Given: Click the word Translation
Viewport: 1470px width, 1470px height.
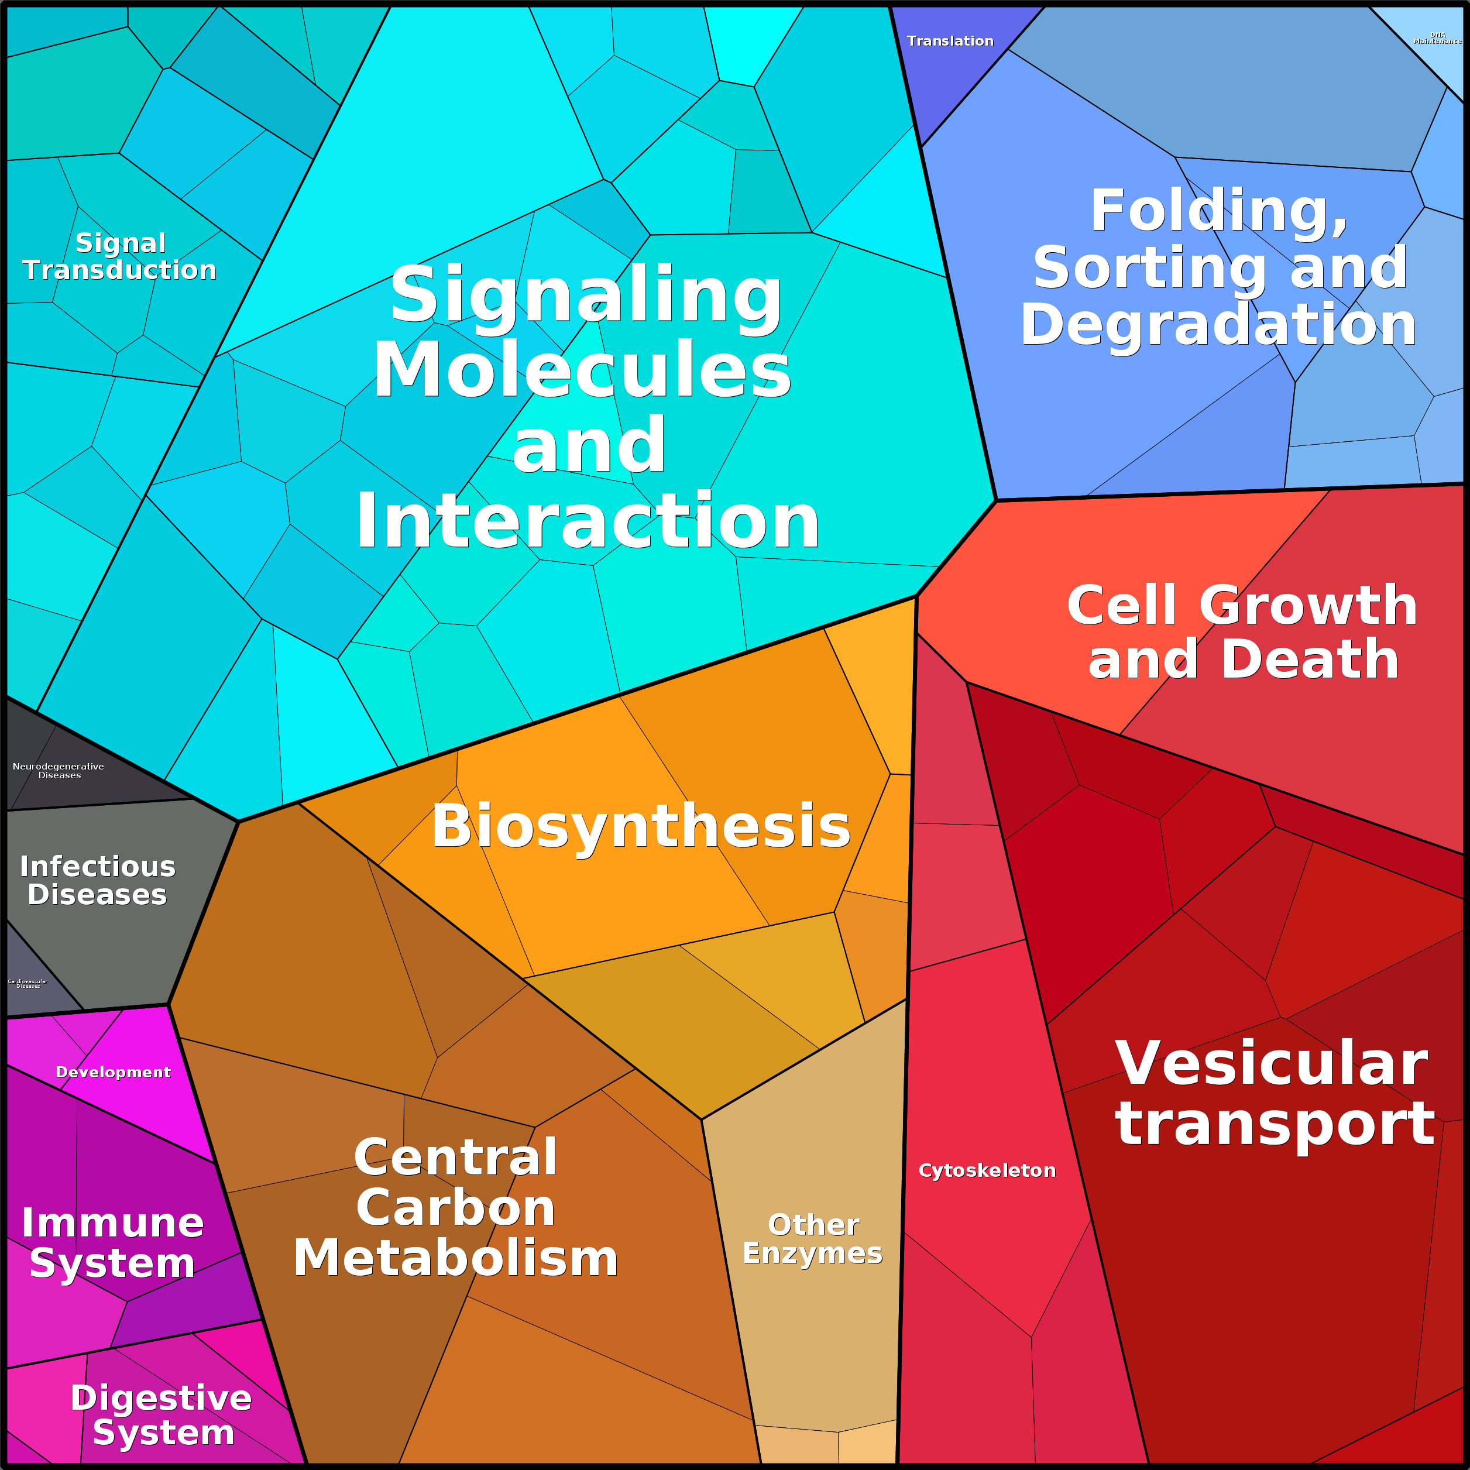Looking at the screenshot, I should pyautogui.click(x=950, y=41).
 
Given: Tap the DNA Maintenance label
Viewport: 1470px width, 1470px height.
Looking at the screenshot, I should pyautogui.click(x=1437, y=38).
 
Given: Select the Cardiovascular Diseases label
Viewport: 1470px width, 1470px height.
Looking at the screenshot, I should pyautogui.click(x=28, y=984).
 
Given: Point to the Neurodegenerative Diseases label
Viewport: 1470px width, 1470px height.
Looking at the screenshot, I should pyautogui.click(x=59, y=771).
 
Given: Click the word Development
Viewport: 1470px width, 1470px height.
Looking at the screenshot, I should pyautogui.click(x=114, y=1072).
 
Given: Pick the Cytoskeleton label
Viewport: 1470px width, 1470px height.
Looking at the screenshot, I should pyautogui.click(x=987, y=1170).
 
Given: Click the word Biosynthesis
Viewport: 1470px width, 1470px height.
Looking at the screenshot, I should pyautogui.click(x=641, y=826).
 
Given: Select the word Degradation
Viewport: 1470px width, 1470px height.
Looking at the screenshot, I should pyautogui.click(x=1217, y=325).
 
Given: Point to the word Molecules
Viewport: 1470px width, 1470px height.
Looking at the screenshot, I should pyautogui.click(x=582, y=370).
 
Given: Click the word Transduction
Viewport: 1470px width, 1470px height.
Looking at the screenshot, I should pyautogui.click(x=119, y=270).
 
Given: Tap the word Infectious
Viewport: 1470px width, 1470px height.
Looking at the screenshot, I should pyautogui.click(x=97, y=867).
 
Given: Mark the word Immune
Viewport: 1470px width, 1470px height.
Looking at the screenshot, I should pyautogui.click(x=112, y=1224).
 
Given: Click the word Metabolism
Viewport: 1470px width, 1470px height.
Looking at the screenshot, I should pyautogui.click(x=456, y=1259).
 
